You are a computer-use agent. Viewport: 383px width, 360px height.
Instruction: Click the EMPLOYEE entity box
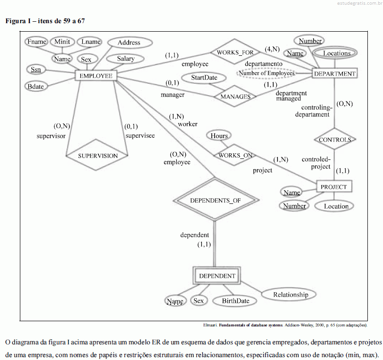tap(96, 76)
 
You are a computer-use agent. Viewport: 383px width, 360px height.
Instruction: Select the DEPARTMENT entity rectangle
tap(335, 73)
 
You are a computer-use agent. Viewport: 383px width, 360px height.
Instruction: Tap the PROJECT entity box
tap(334, 187)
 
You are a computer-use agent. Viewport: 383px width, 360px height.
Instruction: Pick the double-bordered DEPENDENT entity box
tap(217, 276)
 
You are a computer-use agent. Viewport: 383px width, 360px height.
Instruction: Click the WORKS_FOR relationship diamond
tap(235, 52)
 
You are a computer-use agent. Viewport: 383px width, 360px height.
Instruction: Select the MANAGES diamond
tap(235, 97)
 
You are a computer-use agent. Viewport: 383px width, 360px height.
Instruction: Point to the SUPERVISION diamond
tap(97, 155)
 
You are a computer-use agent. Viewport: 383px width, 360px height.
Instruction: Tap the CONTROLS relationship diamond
tap(335, 139)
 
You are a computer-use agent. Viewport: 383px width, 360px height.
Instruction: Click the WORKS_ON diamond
tap(235, 155)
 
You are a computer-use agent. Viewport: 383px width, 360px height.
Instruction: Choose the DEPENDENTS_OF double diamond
tap(216, 200)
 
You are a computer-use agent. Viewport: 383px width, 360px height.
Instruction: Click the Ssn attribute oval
tap(36, 70)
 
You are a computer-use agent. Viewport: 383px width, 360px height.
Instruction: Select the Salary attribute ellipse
tap(125, 59)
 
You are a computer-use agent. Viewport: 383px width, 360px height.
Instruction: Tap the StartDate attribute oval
tap(204, 78)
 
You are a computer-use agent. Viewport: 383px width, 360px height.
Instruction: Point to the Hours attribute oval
tap(219, 136)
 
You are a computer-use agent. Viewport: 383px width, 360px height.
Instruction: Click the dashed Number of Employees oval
tap(267, 73)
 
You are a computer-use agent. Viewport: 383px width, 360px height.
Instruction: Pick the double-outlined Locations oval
tap(335, 53)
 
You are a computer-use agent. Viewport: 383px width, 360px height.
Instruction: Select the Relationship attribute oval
tap(289, 294)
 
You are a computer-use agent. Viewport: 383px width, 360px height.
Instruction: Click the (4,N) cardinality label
tap(272, 49)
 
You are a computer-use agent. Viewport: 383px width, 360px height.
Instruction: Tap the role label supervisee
tap(140, 136)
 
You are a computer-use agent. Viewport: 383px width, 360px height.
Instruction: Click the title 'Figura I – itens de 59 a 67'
tap(45, 21)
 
